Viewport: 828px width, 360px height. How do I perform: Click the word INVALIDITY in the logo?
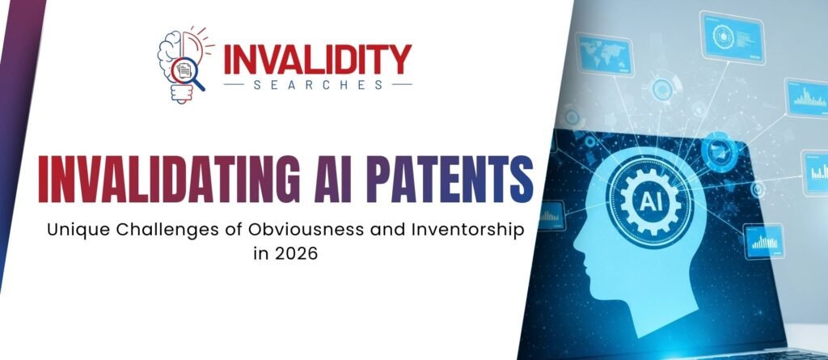[x=316, y=59]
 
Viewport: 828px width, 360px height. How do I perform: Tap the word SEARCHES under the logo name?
[x=316, y=85]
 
